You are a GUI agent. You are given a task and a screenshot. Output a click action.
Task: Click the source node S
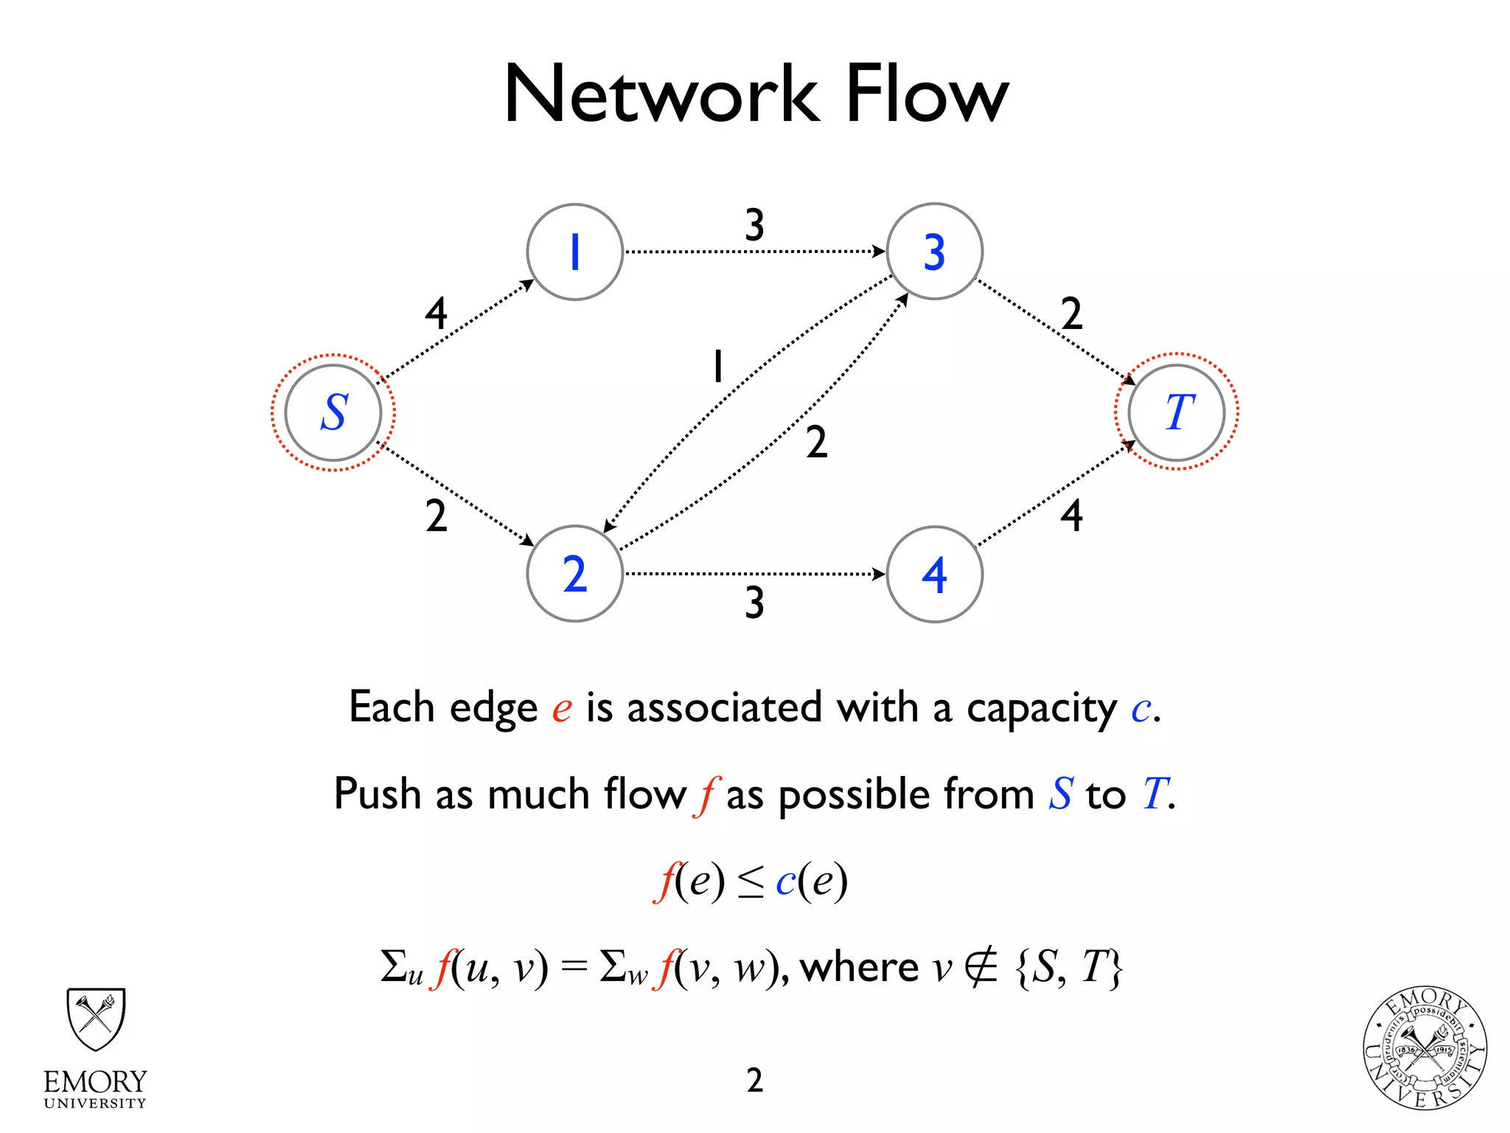(x=333, y=412)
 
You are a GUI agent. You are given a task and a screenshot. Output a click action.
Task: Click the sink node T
(x=1177, y=412)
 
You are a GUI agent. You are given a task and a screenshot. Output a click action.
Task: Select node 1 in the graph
(x=574, y=252)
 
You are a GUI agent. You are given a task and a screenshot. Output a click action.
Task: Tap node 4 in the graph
(x=934, y=575)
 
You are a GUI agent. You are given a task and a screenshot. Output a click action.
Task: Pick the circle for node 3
(x=934, y=252)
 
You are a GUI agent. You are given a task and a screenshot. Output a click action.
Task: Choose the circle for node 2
(x=574, y=575)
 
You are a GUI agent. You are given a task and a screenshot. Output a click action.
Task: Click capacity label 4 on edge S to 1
(x=436, y=313)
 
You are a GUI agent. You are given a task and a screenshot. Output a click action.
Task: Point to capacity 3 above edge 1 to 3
(x=754, y=225)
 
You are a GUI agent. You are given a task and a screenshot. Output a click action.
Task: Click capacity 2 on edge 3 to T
(x=1071, y=313)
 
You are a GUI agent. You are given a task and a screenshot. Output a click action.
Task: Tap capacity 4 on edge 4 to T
(x=1071, y=516)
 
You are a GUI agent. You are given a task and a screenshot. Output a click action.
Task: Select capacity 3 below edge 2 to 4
(x=754, y=603)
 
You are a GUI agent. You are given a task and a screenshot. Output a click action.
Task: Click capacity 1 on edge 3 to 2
(x=717, y=367)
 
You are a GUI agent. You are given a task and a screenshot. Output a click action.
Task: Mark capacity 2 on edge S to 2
(x=436, y=516)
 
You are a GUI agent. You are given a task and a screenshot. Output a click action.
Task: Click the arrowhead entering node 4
(x=879, y=575)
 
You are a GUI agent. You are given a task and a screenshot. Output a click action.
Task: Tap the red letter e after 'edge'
(x=562, y=709)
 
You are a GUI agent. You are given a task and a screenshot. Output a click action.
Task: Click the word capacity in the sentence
(x=1042, y=709)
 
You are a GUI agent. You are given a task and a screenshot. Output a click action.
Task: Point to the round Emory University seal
(x=1424, y=1048)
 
